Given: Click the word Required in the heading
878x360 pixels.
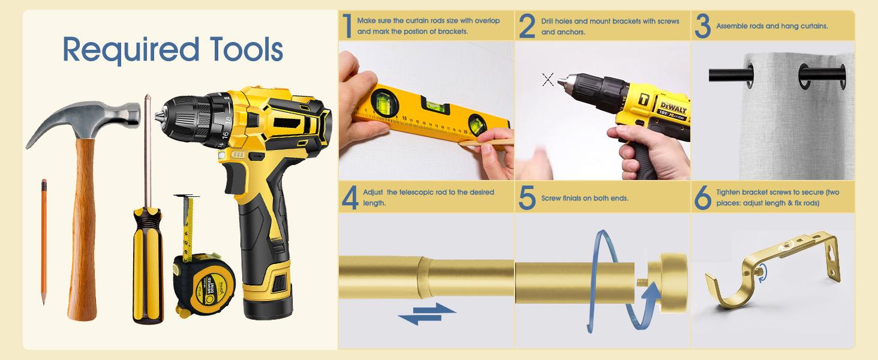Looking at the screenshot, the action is click(x=131, y=50).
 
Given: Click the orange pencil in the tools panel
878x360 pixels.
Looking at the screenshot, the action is click(x=44, y=242).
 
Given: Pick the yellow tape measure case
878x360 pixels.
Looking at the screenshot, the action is click(x=204, y=285).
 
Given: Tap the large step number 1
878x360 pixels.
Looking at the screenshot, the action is click(x=347, y=26).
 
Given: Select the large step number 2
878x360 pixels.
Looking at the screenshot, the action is click(x=527, y=26).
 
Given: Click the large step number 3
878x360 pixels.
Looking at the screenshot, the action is click(x=703, y=26).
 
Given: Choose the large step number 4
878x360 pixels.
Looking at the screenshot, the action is click(x=350, y=197).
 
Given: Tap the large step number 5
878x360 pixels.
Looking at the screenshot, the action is click(x=527, y=197).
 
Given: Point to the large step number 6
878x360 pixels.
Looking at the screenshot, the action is click(x=703, y=197).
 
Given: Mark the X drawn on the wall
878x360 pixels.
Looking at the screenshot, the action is click(x=548, y=79).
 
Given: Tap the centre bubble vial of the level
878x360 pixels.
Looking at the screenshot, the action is click(x=435, y=104).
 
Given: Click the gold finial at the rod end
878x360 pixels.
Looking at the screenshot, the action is click(x=666, y=283).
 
